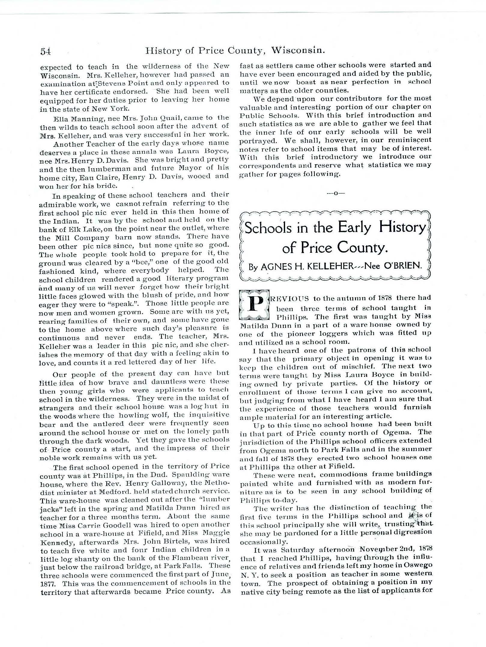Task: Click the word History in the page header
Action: coord(162,51)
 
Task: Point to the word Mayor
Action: coord(196,167)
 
